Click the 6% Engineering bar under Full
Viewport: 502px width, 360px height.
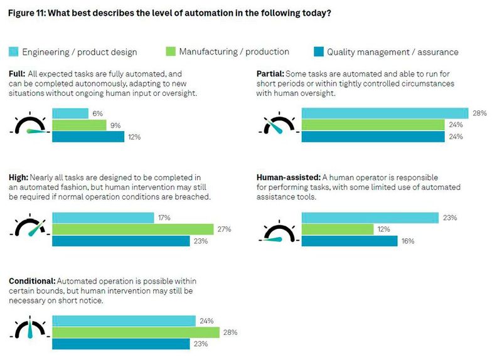(x=70, y=114)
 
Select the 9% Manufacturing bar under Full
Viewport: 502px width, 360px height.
(x=79, y=125)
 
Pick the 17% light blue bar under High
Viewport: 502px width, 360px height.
(x=102, y=218)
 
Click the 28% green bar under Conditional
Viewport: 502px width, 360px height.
(x=135, y=332)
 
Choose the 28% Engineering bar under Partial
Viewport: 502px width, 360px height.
(x=385, y=114)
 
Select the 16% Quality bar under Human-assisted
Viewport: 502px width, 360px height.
(x=350, y=241)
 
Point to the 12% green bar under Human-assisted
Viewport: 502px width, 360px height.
(x=338, y=229)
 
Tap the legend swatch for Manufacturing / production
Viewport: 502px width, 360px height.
(x=169, y=52)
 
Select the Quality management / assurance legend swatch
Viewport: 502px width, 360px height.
(x=317, y=52)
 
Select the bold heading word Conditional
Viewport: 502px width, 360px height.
(x=32, y=281)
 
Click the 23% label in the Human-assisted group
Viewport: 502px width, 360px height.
(x=450, y=218)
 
